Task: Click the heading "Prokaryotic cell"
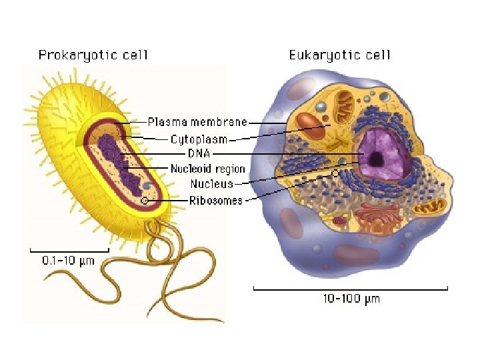pyautogui.click(x=93, y=55)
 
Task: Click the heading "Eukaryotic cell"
pyautogui.click(x=339, y=55)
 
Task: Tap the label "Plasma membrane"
pyautogui.click(x=197, y=122)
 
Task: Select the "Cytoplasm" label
pyautogui.click(x=199, y=139)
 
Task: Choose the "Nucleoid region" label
pyautogui.click(x=207, y=169)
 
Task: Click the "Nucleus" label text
pyautogui.click(x=211, y=183)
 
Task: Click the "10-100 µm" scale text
pyautogui.click(x=351, y=299)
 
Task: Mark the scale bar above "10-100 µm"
pyautogui.click(x=351, y=288)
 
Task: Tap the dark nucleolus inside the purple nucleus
pyautogui.click(x=377, y=159)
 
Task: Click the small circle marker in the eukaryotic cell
pyautogui.click(x=335, y=173)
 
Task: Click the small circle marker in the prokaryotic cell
pyautogui.click(x=144, y=200)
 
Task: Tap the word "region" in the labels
pyautogui.click(x=230, y=169)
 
